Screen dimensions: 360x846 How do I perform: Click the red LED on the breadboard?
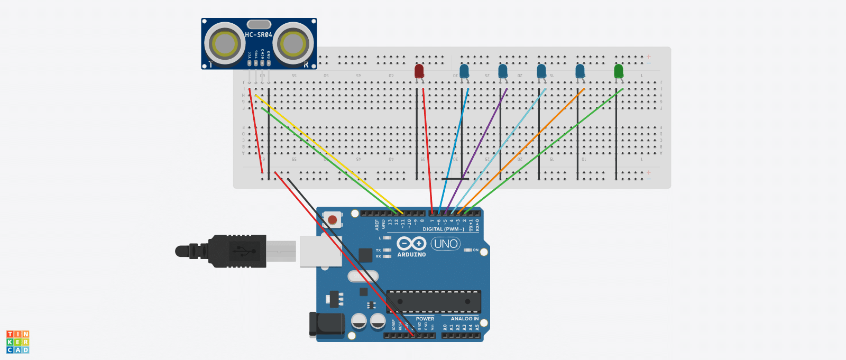[x=419, y=71]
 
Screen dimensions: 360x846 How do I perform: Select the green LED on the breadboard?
[x=619, y=71]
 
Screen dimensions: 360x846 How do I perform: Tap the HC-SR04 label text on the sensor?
[x=259, y=35]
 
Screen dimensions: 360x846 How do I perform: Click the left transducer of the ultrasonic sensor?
[x=225, y=44]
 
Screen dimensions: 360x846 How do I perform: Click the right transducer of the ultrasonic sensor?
[x=292, y=44]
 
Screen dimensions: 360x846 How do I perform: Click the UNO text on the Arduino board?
[x=446, y=244]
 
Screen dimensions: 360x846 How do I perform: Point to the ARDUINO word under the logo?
[x=411, y=255]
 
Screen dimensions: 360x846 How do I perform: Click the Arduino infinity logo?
[x=411, y=243]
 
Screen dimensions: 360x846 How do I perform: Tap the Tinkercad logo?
[x=17, y=342]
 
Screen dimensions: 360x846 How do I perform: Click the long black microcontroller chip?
[x=434, y=301]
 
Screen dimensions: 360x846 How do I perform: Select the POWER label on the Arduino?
[x=425, y=319]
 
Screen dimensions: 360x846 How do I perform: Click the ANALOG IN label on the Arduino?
[x=464, y=319]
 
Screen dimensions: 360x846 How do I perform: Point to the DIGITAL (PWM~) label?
[x=443, y=229]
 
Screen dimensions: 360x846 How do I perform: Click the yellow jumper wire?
[x=328, y=153]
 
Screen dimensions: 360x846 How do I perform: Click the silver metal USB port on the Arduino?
[x=320, y=251]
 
